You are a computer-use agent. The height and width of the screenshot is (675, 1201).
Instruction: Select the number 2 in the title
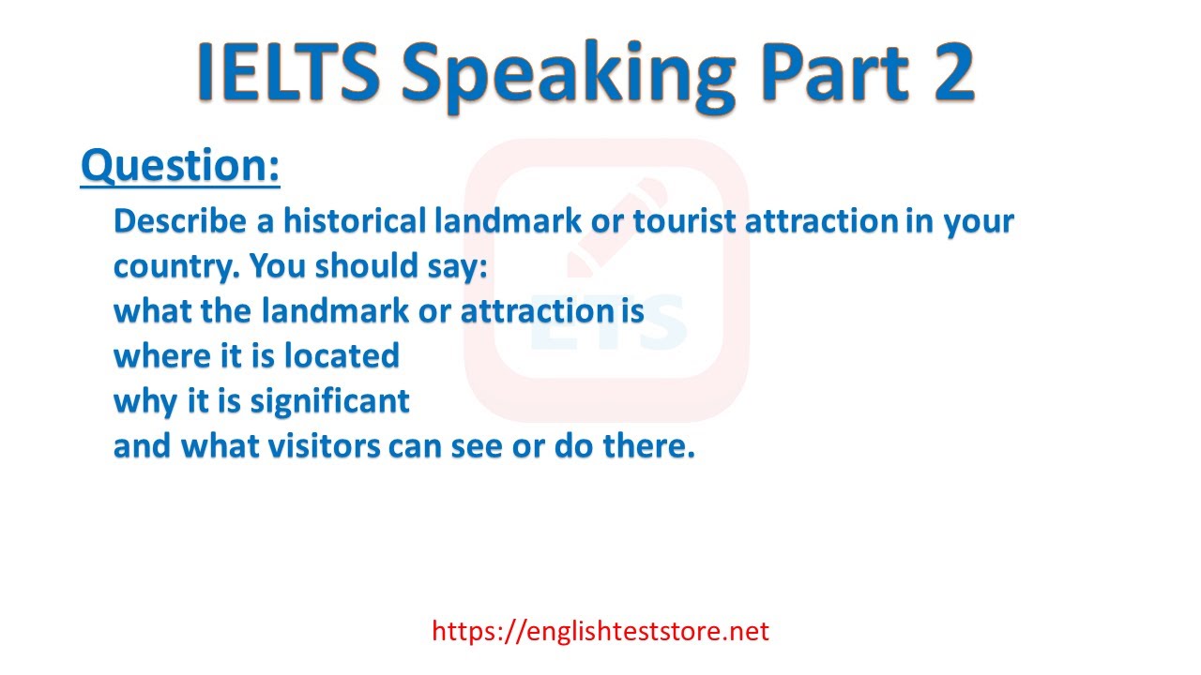(943, 71)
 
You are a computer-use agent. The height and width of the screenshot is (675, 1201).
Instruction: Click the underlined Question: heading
(180, 166)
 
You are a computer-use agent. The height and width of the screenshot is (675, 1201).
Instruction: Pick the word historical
(355, 222)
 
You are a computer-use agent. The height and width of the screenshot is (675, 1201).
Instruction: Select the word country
(175, 267)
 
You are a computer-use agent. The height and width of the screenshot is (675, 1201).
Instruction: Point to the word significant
(329, 402)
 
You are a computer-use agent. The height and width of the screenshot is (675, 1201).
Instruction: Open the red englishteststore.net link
(600, 631)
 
